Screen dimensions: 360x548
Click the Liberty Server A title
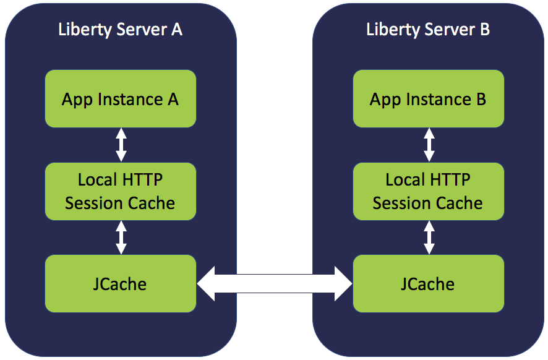click(x=120, y=29)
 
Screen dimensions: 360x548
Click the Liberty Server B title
click(x=428, y=29)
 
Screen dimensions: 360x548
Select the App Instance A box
click(x=121, y=99)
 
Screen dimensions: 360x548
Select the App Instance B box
click(x=428, y=99)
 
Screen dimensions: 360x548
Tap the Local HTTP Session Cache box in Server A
click(x=121, y=191)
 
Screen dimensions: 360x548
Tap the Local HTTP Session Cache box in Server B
click(x=428, y=191)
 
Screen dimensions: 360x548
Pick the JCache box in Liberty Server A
click(x=121, y=284)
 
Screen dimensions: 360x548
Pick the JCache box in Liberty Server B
click(x=428, y=284)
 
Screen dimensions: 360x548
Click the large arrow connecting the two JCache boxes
click(x=274, y=284)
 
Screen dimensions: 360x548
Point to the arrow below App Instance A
click(x=121, y=145)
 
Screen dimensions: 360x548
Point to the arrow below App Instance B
click(x=429, y=145)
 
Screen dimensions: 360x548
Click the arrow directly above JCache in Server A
click(x=121, y=238)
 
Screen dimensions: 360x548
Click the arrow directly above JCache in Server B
click(x=429, y=238)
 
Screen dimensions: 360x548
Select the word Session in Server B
click(x=400, y=203)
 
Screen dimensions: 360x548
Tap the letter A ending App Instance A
click(x=173, y=99)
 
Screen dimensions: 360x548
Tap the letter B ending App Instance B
click(x=480, y=99)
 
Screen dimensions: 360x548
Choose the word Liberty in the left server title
click(x=83, y=29)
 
